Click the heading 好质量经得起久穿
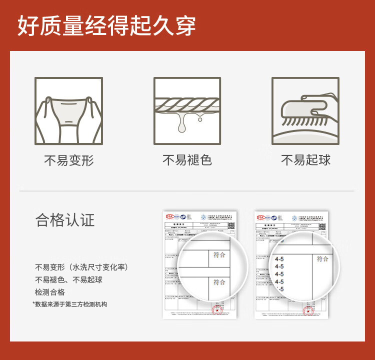(106, 25)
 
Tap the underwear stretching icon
(68, 111)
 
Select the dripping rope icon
(187, 111)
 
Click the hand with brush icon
(305, 111)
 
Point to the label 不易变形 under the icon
(68, 160)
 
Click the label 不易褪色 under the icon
(187, 160)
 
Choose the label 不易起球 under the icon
(305, 160)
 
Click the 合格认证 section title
(65, 220)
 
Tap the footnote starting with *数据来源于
(70, 304)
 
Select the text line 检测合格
(49, 292)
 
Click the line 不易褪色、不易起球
(68, 279)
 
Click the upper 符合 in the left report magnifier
(219, 255)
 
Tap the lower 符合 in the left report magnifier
(219, 282)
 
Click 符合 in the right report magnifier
(322, 259)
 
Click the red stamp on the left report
(217, 310)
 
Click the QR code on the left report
(231, 225)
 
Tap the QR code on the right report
(323, 225)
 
